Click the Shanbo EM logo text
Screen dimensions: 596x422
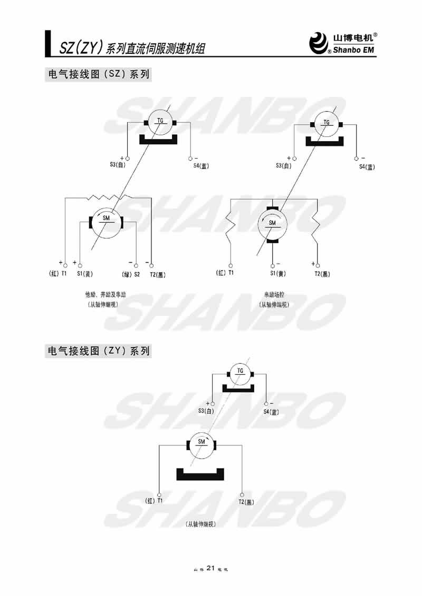[354, 51]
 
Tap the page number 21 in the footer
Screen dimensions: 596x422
[210, 568]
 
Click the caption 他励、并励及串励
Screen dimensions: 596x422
[103, 295]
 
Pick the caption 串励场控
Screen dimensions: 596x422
[274, 295]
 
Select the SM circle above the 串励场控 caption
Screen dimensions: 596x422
[273, 223]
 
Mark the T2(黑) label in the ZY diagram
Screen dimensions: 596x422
[246, 502]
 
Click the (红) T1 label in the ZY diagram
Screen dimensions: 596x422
[154, 501]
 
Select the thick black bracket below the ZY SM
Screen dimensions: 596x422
[200, 474]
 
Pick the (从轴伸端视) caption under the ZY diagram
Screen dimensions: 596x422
[201, 524]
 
